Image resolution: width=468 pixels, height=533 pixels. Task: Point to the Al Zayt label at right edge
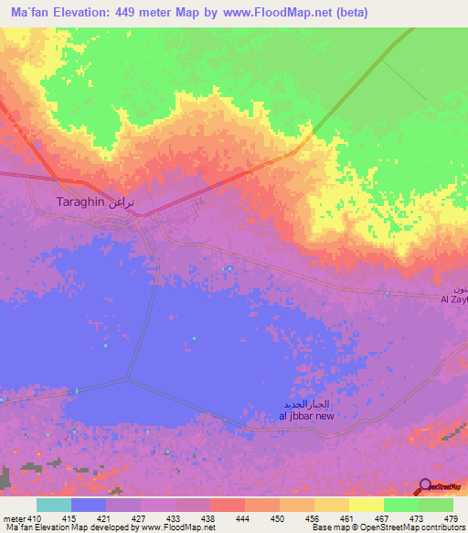[454, 299]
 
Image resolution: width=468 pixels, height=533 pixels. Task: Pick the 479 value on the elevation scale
[452, 517]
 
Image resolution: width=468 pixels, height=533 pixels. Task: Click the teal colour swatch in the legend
[53, 505]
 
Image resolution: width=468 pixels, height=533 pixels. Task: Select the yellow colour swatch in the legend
[366, 505]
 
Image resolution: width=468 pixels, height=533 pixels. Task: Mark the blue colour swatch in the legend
[88, 505]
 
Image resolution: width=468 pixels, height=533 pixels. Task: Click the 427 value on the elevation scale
[137, 517]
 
